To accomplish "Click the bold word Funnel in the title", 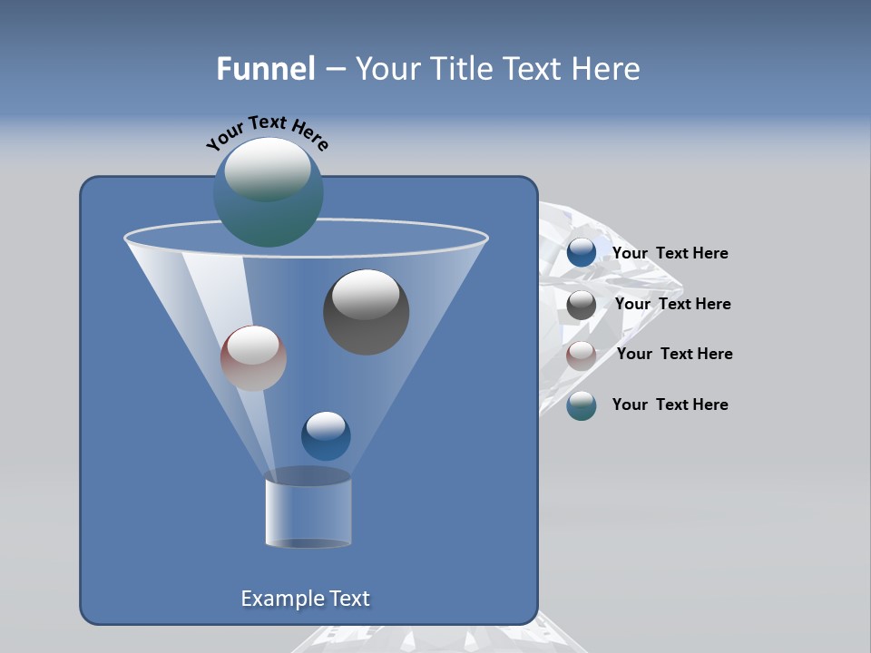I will [266, 69].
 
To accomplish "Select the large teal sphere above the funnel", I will [268, 193].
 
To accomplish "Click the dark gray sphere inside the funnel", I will [366, 312].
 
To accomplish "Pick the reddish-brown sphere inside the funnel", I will [253, 358].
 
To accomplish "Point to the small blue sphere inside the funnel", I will [326, 435].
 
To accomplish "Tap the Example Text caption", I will [305, 599].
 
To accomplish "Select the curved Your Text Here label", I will [267, 132].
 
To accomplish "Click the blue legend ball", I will [582, 253].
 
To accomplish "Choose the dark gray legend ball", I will [582, 305].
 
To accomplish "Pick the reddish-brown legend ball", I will [582, 355].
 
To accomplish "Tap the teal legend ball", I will [582, 405].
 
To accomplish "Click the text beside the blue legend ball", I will [670, 254].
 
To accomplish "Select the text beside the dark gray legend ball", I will [672, 305].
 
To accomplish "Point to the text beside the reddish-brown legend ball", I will [674, 355].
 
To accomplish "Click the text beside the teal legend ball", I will [670, 405].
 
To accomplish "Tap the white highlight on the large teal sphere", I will [267, 169].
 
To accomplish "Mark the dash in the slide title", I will [335, 70].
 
